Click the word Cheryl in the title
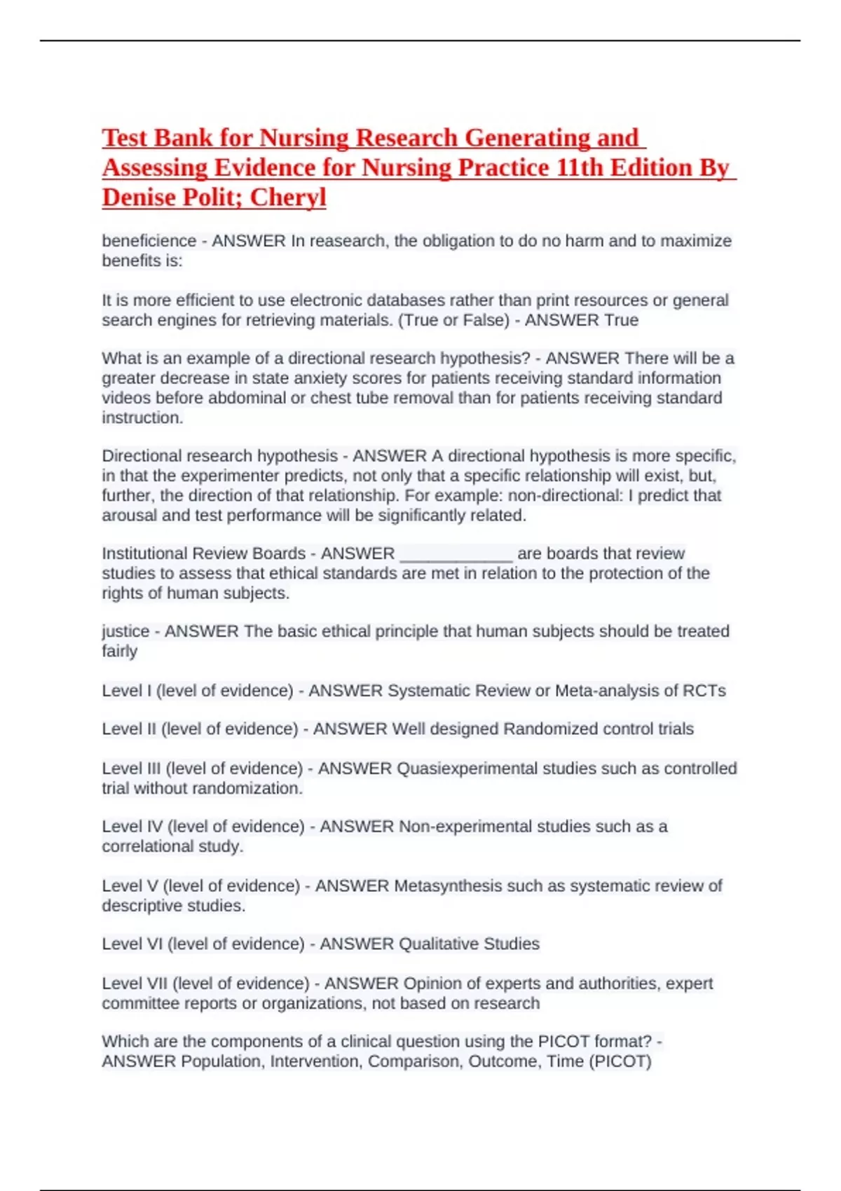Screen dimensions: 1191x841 point(288,198)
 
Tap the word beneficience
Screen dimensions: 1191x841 point(149,241)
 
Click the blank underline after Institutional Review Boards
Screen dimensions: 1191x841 point(456,554)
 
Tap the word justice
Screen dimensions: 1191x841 point(125,631)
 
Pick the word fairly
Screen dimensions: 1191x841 point(119,652)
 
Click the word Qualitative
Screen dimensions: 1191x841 point(438,944)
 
